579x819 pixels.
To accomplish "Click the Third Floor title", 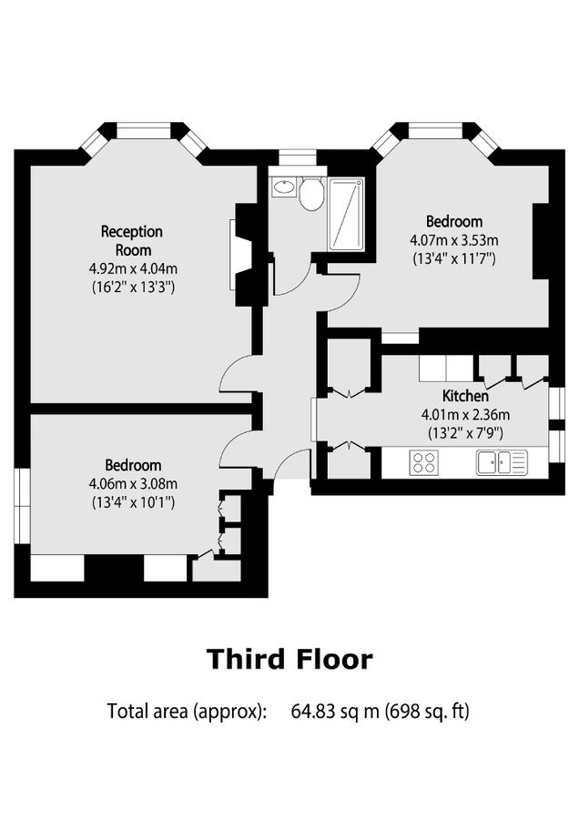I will coord(289,659).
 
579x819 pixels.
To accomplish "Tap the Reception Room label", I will coord(132,240).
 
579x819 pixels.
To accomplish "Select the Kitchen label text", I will coord(465,396).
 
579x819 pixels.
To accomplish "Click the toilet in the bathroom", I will coord(311,193).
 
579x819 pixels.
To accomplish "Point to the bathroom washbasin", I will coord(284,187).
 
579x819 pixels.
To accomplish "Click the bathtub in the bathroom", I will coord(346,215).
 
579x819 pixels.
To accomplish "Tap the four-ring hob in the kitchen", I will coord(423,462).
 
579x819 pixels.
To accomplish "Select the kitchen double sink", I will coord(501,462).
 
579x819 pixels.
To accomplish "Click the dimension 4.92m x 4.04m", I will coord(132,268).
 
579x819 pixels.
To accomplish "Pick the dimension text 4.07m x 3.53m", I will coord(453,240).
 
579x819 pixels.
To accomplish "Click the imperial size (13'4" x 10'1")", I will coord(134,501).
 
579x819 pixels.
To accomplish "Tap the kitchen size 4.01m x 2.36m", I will coord(465,415).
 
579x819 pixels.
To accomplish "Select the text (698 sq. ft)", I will coord(426,711).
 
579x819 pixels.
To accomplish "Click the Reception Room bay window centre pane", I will coord(144,132).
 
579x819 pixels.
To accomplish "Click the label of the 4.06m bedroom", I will coord(132,464).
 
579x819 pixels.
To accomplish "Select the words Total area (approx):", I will coord(187,711).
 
